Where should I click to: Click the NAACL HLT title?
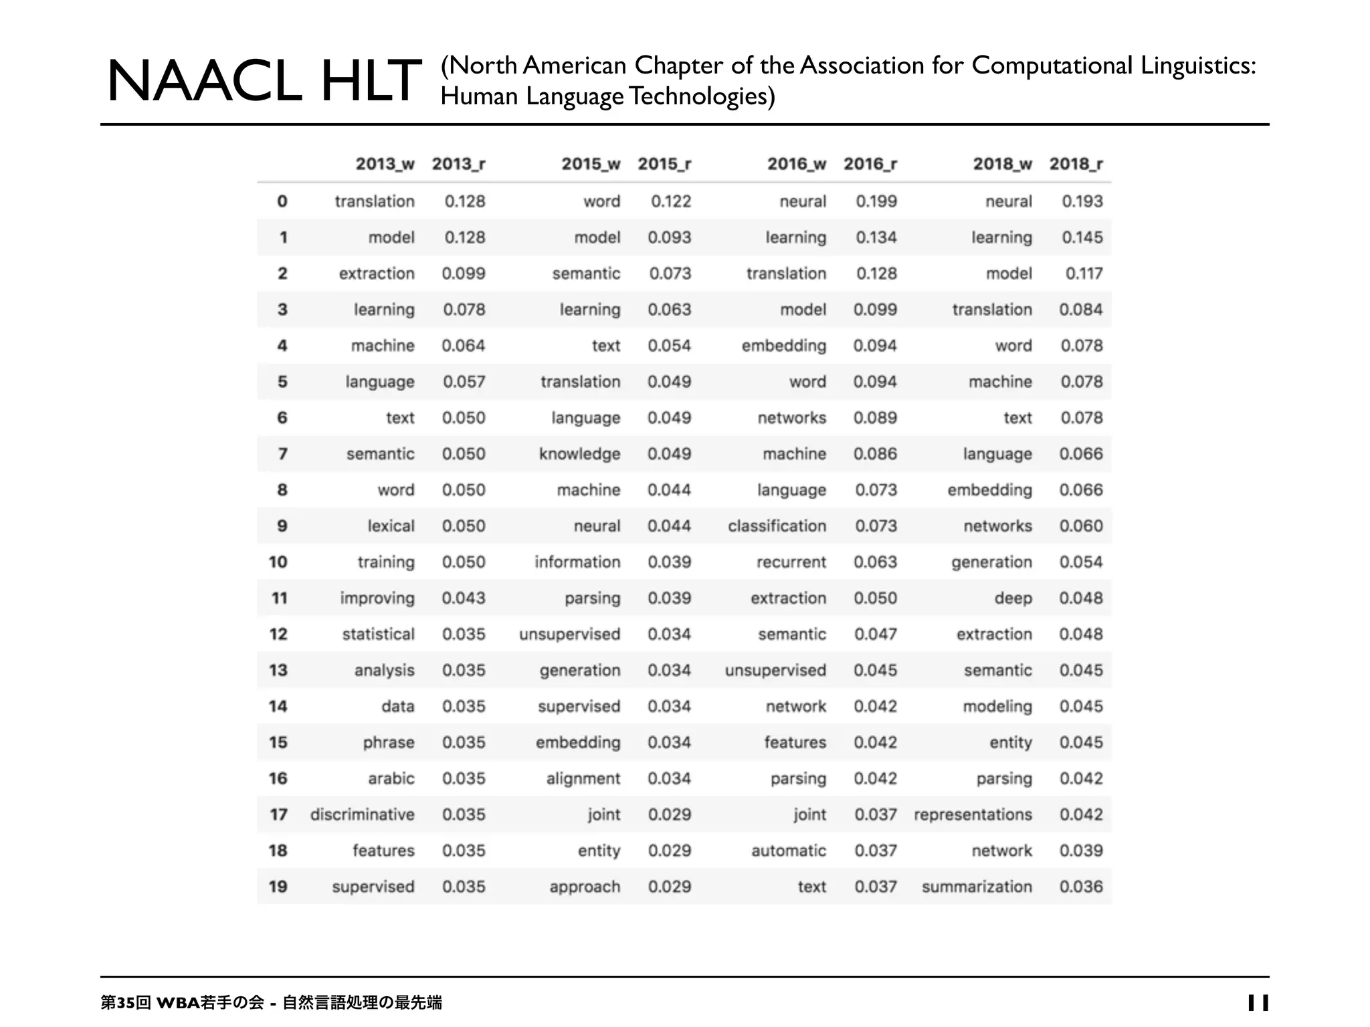(264, 82)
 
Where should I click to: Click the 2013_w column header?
(385, 164)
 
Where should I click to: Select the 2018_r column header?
(1076, 164)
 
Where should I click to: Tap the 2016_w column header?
(796, 164)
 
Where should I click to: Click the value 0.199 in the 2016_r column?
(876, 201)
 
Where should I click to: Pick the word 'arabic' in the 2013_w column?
(391, 778)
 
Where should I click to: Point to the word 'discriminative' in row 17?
(362, 814)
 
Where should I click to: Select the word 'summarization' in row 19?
(977, 887)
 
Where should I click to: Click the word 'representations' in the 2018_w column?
(973, 814)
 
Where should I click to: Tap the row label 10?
(278, 562)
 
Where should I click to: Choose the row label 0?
(282, 201)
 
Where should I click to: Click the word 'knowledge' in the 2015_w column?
(579, 454)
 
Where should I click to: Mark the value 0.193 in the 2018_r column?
(1082, 201)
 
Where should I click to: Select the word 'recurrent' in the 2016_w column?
(791, 562)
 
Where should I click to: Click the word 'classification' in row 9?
(777, 526)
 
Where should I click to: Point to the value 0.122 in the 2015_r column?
(670, 201)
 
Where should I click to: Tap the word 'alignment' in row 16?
(583, 778)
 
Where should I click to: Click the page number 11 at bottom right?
(1258, 1002)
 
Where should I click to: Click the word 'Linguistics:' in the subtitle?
(1198, 66)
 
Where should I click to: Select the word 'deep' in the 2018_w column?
(1013, 598)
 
